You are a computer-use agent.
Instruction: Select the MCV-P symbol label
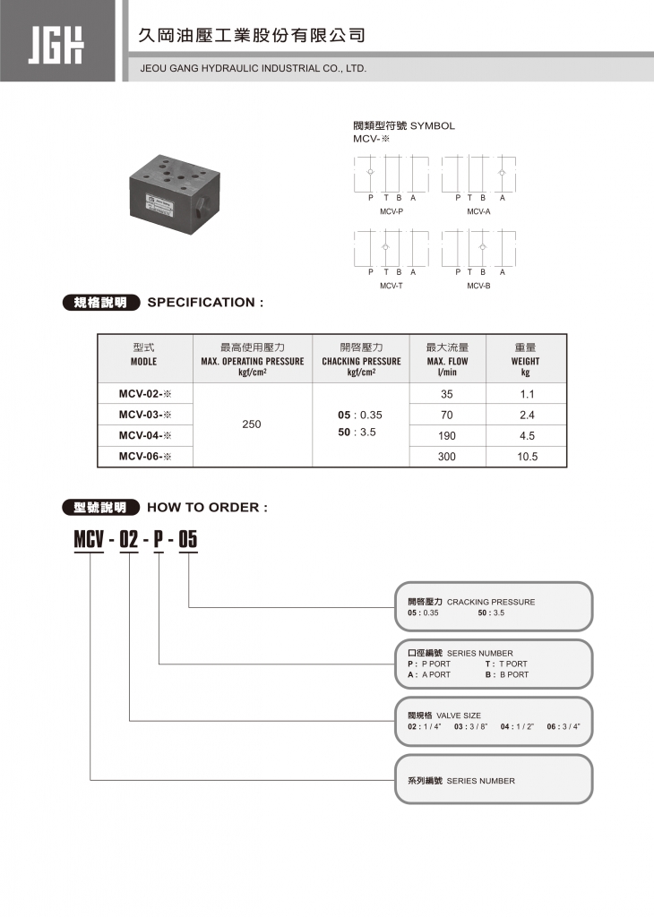pyautogui.click(x=392, y=211)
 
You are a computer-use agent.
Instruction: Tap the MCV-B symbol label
pyautogui.click(x=478, y=286)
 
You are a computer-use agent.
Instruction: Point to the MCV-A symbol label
pyautogui.click(x=478, y=211)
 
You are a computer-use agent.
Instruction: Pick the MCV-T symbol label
pyautogui.click(x=392, y=286)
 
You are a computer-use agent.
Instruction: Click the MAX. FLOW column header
pyautogui.click(x=447, y=361)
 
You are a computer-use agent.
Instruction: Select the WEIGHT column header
pyautogui.click(x=526, y=361)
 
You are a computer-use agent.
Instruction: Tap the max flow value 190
pyautogui.click(x=447, y=436)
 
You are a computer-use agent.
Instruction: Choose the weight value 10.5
pyautogui.click(x=527, y=457)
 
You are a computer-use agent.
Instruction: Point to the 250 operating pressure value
pyautogui.click(x=252, y=424)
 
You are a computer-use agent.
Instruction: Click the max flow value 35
pyautogui.click(x=447, y=394)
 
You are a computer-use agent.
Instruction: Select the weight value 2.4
pyautogui.click(x=527, y=415)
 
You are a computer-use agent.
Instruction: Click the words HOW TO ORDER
pyautogui.click(x=207, y=508)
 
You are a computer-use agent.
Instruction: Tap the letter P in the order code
pyautogui.click(x=159, y=540)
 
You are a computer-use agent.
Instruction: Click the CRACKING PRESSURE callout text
pyautogui.click(x=491, y=602)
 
